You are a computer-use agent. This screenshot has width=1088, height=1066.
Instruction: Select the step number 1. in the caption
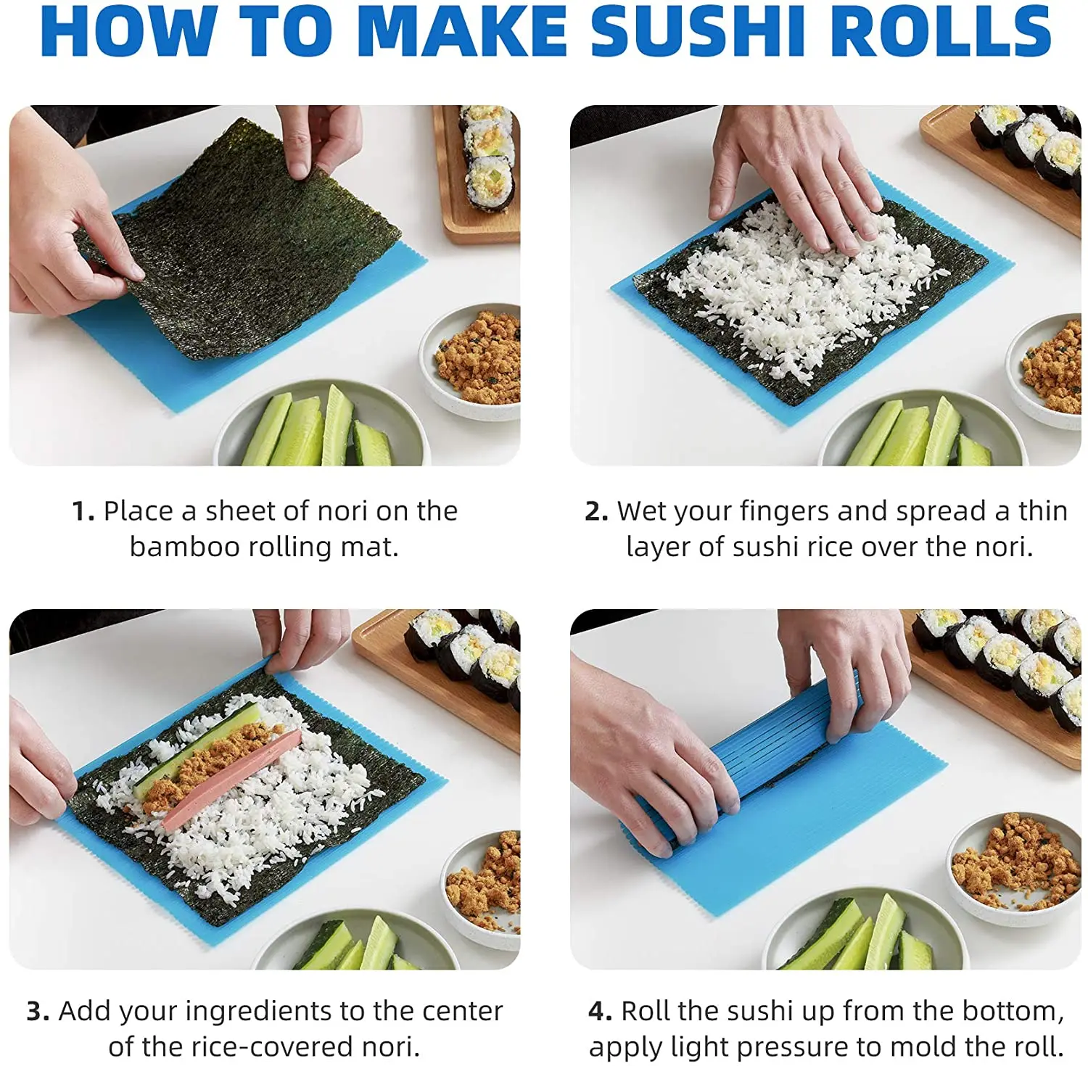click(83, 512)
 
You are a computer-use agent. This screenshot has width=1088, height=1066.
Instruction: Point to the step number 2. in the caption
click(596, 512)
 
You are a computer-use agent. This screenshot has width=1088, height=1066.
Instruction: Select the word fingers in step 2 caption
click(783, 512)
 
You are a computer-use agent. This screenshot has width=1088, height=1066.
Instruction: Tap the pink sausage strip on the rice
click(232, 780)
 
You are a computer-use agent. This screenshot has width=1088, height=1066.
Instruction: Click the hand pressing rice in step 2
click(791, 181)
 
